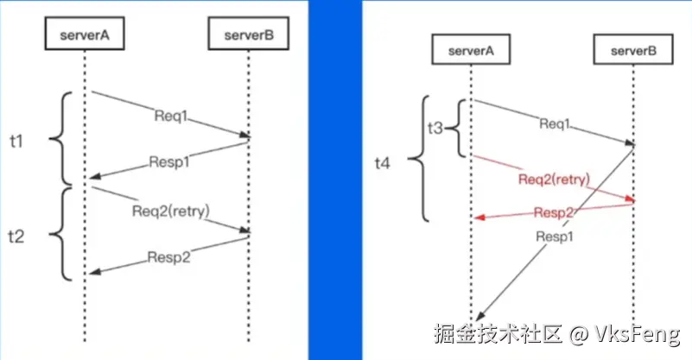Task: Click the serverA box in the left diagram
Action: [x=85, y=35]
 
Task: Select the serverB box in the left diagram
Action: [x=248, y=35]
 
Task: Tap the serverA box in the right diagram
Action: [x=471, y=51]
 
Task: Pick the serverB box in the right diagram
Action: [x=633, y=51]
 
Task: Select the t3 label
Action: [x=435, y=128]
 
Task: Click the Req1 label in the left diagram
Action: [x=169, y=115]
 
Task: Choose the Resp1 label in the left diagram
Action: [x=169, y=160]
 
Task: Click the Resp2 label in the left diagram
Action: [x=169, y=256]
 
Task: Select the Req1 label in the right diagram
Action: [x=555, y=123]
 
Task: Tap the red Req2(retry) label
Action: [x=554, y=180]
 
